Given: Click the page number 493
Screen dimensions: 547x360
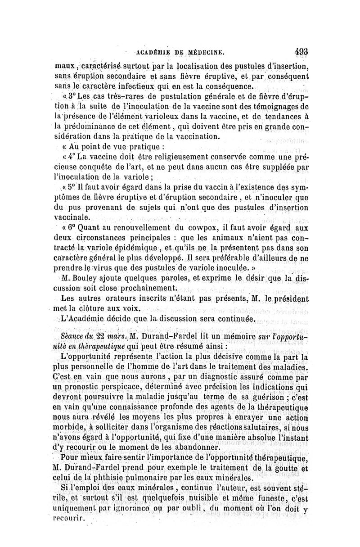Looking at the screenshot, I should [299, 51].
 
